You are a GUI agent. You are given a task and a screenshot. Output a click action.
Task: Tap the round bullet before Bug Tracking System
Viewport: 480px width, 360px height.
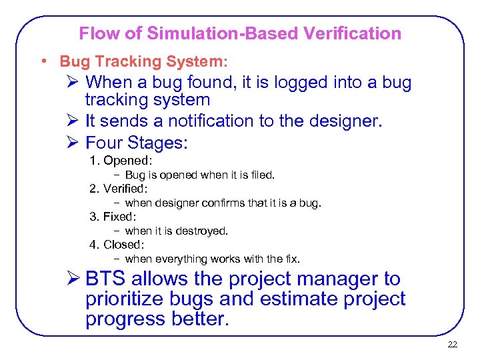click(43, 61)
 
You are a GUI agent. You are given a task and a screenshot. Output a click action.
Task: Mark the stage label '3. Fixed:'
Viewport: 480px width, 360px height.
click(113, 217)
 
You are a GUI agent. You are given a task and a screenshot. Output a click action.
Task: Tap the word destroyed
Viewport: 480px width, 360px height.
click(203, 231)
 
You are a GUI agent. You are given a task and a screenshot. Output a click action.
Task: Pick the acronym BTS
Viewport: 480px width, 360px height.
click(106, 279)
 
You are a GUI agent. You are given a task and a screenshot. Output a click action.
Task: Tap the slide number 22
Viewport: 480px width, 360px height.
click(452, 345)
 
